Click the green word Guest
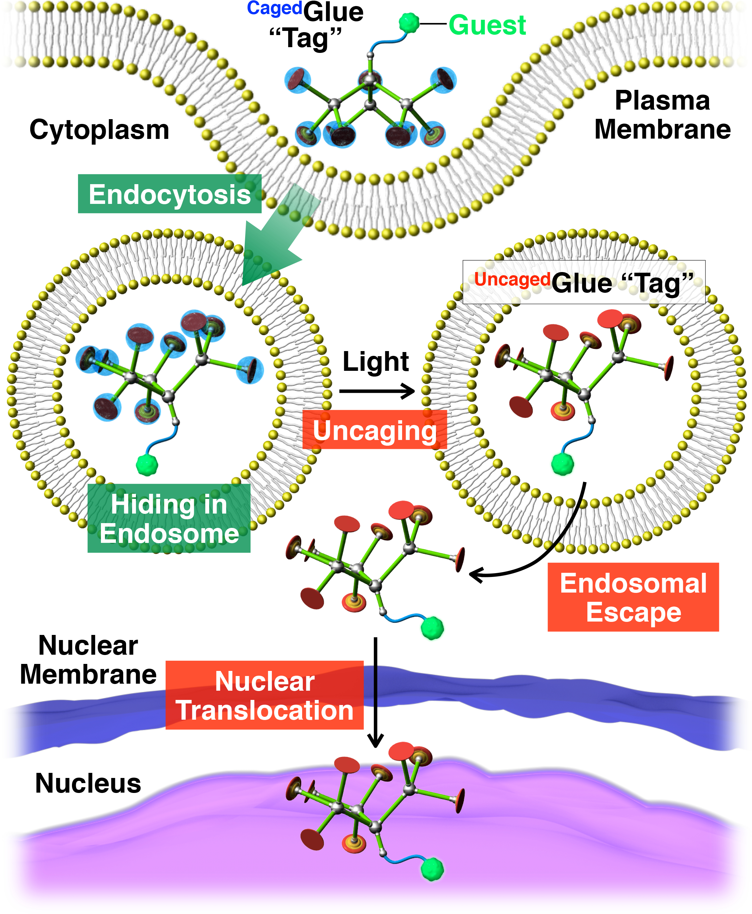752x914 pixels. click(x=487, y=25)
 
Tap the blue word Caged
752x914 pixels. click(x=275, y=9)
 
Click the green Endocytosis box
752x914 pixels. click(x=170, y=194)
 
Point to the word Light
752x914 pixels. click(x=376, y=362)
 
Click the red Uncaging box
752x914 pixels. click(x=375, y=429)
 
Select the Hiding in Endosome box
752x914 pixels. click(x=169, y=518)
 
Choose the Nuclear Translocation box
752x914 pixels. click(x=265, y=695)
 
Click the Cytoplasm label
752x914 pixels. click(x=99, y=130)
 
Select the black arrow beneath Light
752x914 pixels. click(x=377, y=391)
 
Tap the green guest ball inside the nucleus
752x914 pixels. click(x=432, y=869)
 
